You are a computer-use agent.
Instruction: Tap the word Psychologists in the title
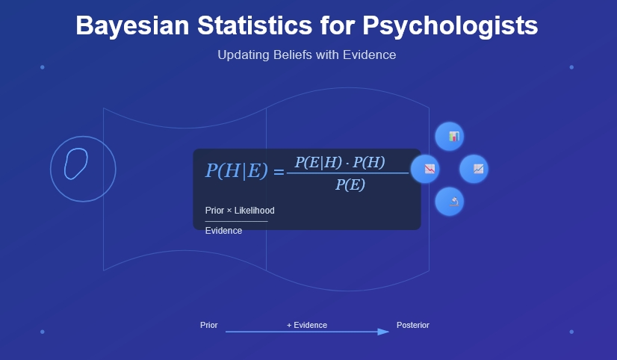pyautogui.click(x=450, y=26)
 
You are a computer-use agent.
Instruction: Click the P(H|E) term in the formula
pyautogui.click(x=236, y=171)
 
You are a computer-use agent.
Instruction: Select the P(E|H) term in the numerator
pyautogui.click(x=317, y=162)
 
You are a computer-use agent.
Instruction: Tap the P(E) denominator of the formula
pyautogui.click(x=350, y=184)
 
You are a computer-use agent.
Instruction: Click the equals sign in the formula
pyautogui.click(x=279, y=172)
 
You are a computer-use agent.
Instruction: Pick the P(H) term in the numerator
pyautogui.click(x=368, y=162)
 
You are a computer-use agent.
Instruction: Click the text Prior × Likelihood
pyautogui.click(x=240, y=211)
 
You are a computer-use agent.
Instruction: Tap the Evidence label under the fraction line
pyautogui.click(x=223, y=231)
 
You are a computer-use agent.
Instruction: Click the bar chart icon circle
pyautogui.click(x=450, y=137)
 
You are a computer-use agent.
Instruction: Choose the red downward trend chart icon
pyautogui.click(x=426, y=169)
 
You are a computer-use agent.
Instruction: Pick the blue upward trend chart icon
pyautogui.click(x=474, y=169)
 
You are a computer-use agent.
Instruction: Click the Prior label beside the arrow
pyautogui.click(x=209, y=325)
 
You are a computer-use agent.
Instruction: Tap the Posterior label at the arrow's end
pyautogui.click(x=413, y=325)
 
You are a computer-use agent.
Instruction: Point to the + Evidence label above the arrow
pyautogui.click(x=307, y=325)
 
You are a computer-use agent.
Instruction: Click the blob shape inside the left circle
pyautogui.click(x=75, y=164)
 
